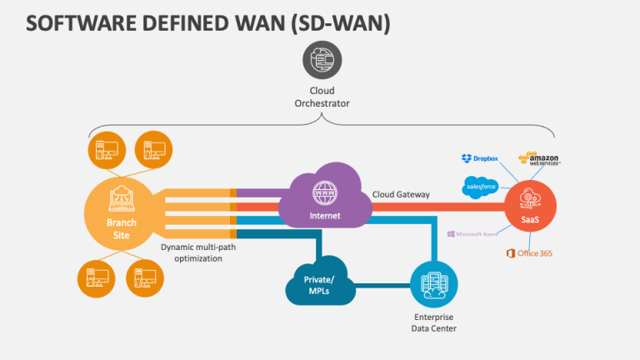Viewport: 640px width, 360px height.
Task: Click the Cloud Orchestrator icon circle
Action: click(321, 60)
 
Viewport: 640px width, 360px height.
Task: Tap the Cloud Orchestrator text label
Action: click(321, 97)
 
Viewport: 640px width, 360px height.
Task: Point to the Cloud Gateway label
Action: click(402, 194)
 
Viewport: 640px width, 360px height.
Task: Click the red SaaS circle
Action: click(530, 205)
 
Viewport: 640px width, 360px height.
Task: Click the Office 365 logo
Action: click(529, 252)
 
